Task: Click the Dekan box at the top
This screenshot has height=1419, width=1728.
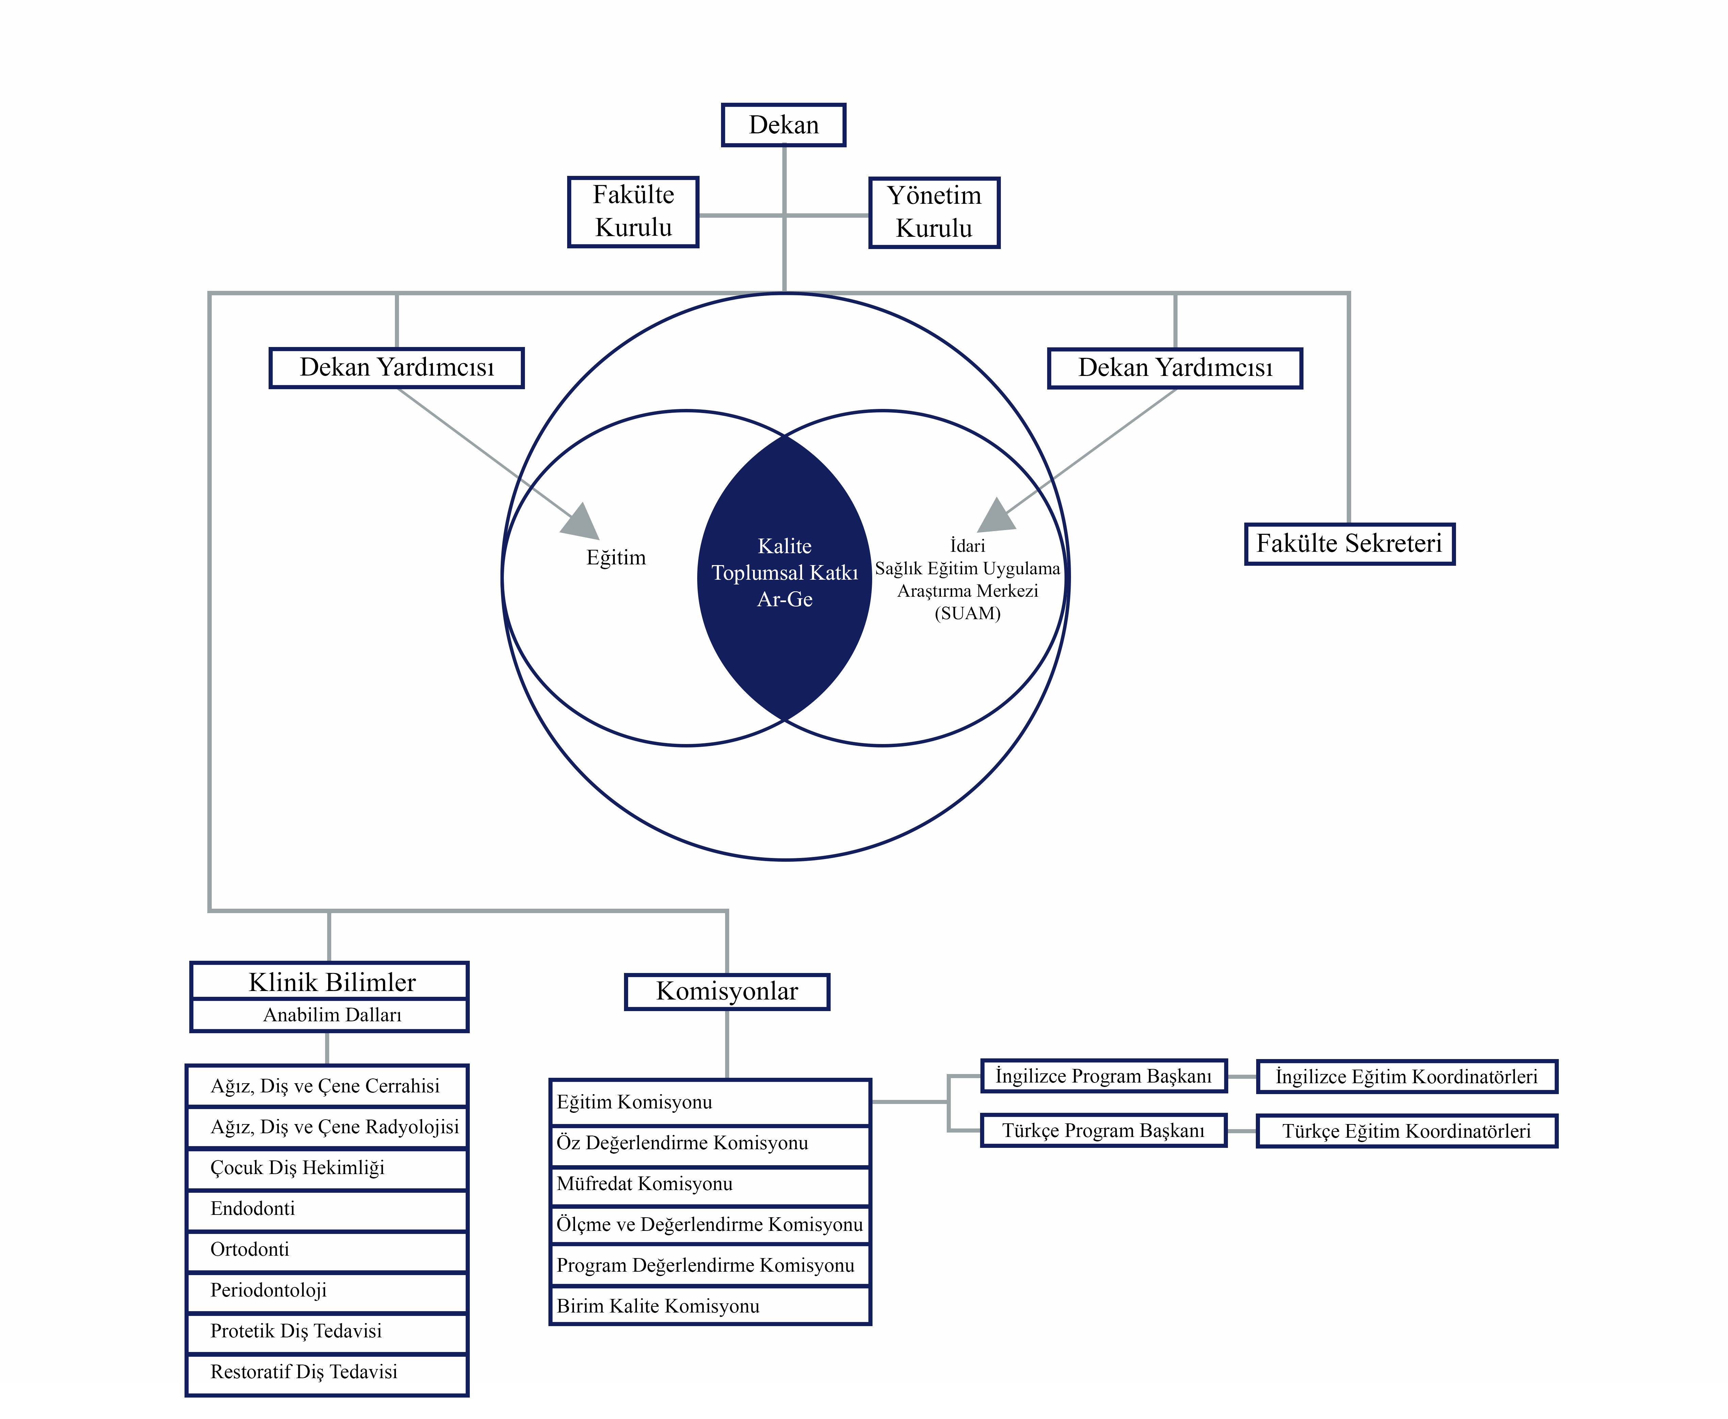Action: [783, 125]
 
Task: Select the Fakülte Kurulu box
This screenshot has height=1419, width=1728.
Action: [633, 212]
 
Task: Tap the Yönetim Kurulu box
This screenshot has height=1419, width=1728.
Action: [934, 213]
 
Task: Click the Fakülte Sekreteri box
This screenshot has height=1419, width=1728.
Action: [1349, 544]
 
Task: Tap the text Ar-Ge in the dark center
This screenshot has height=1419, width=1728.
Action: [784, 599]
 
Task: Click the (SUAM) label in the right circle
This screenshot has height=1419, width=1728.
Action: [967, 613]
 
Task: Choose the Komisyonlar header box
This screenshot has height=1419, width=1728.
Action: [727, 991]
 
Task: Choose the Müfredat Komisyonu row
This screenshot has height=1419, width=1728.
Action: [710, 1184]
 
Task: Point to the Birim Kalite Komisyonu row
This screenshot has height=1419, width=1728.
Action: [710, 1306]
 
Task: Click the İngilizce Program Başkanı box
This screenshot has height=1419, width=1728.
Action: [1103, 1076]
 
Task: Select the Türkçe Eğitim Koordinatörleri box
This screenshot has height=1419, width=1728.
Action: [1407, 1131]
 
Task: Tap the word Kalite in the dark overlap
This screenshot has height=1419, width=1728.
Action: [784, 546]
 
